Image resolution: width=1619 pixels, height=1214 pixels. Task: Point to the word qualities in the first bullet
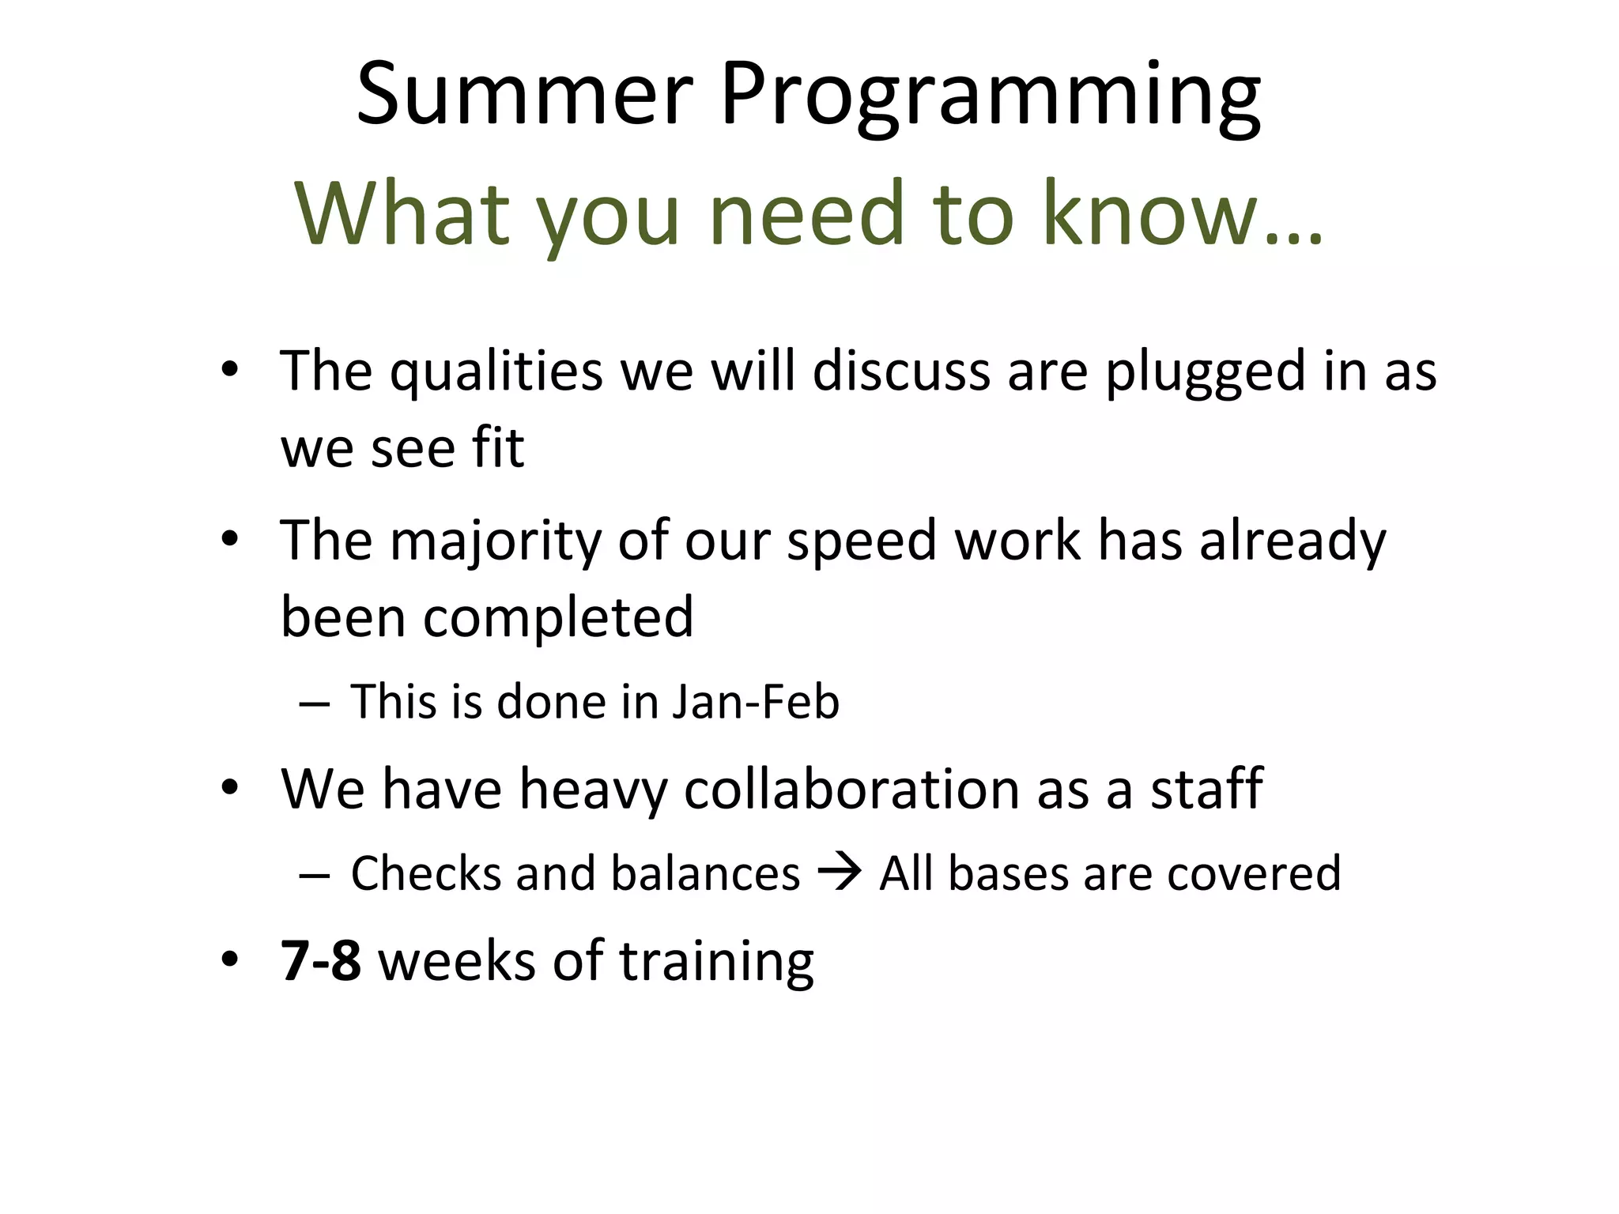click(496, 371)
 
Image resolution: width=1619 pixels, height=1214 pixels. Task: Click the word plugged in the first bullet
click(1204, 371)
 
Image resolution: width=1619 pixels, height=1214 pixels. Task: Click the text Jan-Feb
click(755, 702)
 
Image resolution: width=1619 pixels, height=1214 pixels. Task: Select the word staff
click(1206, 790)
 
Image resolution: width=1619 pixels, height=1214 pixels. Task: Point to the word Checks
click(425, 874)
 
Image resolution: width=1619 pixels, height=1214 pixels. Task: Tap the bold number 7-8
click(321, 961)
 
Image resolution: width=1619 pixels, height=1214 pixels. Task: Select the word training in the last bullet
click(716, 963)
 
